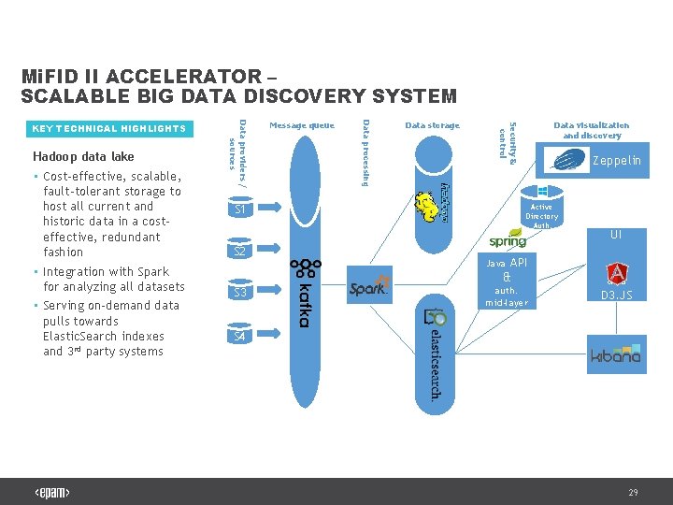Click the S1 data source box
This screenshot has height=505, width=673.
point(240,210)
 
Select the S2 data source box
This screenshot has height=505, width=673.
point(240,252)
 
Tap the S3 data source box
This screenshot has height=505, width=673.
point(240,293)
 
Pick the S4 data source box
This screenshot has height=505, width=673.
point(240,335)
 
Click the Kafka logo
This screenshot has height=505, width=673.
point(302,292)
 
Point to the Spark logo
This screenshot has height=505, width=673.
point(368,289)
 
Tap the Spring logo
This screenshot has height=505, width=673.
point(508,240)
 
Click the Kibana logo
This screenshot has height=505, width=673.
point(615,355)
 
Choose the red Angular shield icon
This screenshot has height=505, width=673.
point(616,274)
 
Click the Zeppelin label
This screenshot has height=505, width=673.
point(617,161)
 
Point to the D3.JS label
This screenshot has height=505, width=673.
point(616,296)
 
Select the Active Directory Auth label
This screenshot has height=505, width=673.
point(541,216)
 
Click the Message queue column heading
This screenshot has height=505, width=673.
point(301,125)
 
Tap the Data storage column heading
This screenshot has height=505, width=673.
point(432,125)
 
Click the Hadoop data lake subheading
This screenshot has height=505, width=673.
point(83,156)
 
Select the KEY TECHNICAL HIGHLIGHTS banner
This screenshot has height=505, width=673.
point(109,128)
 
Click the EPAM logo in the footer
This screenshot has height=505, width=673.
point(52,493)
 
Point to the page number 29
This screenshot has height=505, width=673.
point(633,492)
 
